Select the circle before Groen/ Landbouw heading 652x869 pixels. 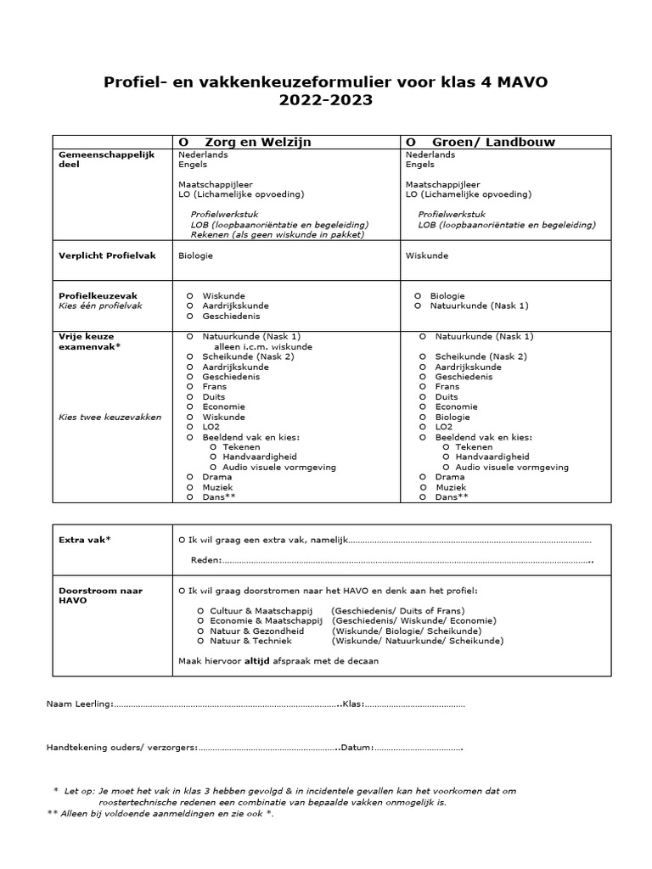(x=411, y=142)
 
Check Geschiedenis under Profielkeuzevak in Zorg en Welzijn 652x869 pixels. (x=190, y=316)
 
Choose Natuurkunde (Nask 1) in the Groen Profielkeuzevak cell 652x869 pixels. (x=418, y=306)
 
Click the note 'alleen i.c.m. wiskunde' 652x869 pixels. (x=262, y=346)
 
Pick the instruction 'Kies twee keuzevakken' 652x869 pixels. (x=98, y=417)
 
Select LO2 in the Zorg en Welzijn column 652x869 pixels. (x=190, y=427)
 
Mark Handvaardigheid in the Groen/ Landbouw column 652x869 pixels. (x=447, y=457)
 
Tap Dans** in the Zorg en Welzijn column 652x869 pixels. (x=190, y=496)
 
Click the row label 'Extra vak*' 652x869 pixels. (x=85, y=540)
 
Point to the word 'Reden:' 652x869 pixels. (x=206, y=559)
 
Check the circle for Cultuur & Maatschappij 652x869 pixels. (x=200, y=610)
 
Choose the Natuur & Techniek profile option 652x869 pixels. (x=200, y=641)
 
